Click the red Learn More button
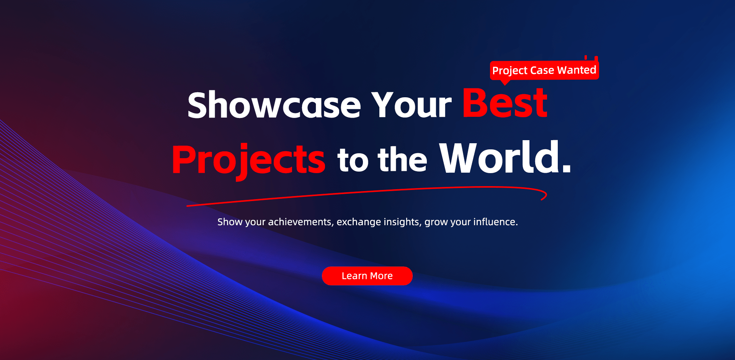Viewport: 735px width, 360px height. point(367,276)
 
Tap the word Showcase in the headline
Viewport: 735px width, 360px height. point(274,105)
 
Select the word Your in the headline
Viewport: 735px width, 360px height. point(412,105)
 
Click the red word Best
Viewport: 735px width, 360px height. point(505,103)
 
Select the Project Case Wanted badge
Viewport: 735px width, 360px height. point(544,70)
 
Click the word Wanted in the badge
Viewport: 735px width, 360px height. point(577,70)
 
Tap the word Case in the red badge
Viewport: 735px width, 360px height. point(542,70)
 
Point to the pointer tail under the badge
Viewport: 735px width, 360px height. point(505,82)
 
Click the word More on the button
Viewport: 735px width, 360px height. point(381,276)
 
